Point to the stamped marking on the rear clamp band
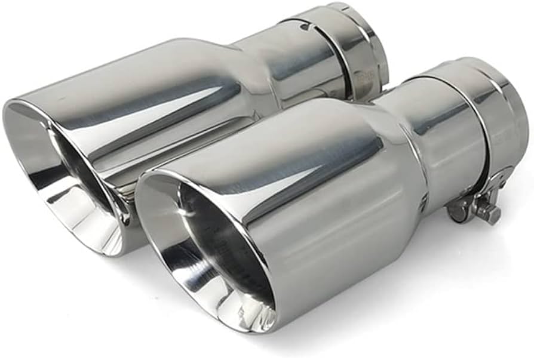point(363,72)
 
